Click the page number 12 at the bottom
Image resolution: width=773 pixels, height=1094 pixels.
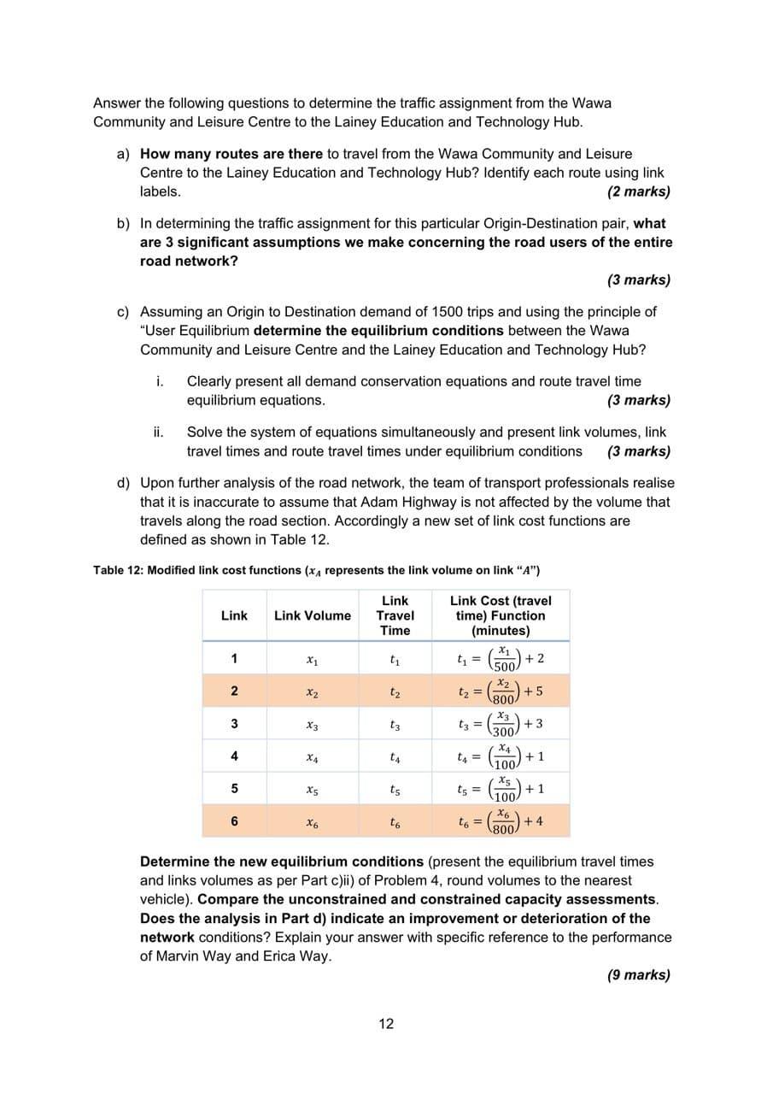(386, 1024)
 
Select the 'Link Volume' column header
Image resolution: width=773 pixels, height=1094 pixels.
(312, 615)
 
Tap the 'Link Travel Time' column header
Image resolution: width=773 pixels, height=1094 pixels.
(395, 615)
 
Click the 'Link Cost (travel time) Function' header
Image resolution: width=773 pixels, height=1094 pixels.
(501, 615)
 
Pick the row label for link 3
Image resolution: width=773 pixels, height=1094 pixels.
(234, 724)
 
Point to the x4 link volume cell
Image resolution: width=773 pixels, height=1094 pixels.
(312, 757)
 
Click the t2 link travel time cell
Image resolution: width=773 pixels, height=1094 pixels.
(395, 691)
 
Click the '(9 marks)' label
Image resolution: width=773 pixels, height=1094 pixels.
(638, 974)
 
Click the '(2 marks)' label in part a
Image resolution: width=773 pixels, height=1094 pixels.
(638, 191)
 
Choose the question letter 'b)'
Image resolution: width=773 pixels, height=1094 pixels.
(124, 223)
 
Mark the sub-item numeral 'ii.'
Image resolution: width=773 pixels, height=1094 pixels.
(159, 432)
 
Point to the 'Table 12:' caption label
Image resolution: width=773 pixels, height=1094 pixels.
(118, 570)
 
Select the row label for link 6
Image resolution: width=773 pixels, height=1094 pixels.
(234, 821)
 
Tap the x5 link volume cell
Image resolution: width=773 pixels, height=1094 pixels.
(312, 790)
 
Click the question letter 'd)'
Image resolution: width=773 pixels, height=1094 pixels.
(124, 483)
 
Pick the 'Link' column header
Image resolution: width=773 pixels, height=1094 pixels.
(234, 615)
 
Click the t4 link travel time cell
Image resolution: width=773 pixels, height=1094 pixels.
(395, 757)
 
